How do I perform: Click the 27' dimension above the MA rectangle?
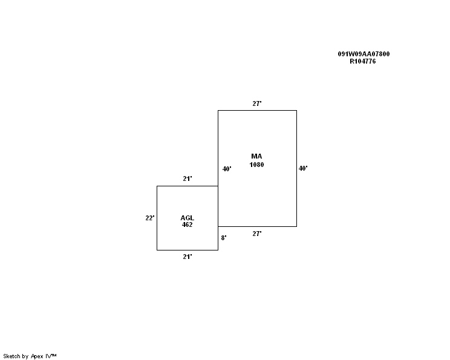pos(257,103)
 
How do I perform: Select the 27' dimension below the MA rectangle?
pos(257,234)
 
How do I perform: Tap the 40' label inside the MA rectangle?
pos(227,169)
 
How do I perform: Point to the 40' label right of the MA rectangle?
pos(303,169)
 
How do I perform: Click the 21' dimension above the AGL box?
pos(187,178)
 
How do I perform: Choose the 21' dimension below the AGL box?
pos(187,257)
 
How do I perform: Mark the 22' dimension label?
pos(150,218)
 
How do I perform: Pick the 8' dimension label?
pos(224,238)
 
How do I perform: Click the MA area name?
pos(256,156)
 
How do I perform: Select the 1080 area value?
pos(256,165)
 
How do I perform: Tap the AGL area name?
pos(187,218)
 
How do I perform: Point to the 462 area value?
pos(187,224)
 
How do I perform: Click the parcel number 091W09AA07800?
pos(364,54)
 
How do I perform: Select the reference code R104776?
pos(362,61)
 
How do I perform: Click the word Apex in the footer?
pos(37,356)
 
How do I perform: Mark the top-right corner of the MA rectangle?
pos(296,110)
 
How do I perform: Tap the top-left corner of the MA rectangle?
pos(218,110)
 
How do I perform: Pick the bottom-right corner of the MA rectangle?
pos(296,226)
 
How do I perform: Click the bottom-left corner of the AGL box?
pos(157,250)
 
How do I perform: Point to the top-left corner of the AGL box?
pos(157,186)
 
